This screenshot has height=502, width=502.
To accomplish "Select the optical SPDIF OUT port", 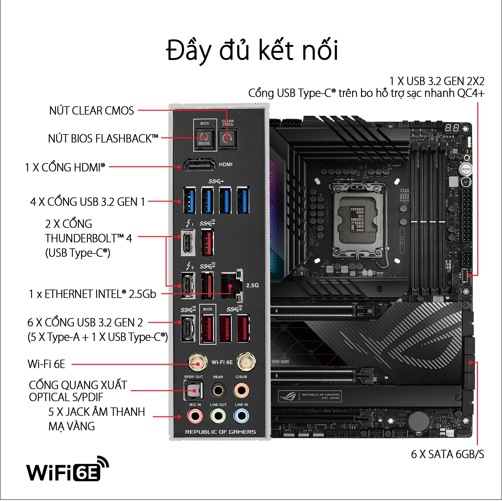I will pyautogui.click(x=194, y=390).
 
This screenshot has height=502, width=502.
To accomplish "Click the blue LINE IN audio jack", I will pyautogui.click(x=241, y=416).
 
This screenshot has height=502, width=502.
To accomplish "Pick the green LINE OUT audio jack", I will pyautogui.click(x=218, y=416).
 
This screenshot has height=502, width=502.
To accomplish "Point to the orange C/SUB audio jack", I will pyautogui.click(x=241, y=390).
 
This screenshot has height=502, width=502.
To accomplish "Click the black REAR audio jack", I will pyautogui.click(x=218, y=390).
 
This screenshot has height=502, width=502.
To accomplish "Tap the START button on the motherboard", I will pyautogui.click(x=466, y=169).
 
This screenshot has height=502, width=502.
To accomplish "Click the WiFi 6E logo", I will pyautogui.click(x=67, y=469).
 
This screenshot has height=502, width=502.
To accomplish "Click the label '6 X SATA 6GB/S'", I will pyautogui.click(x=447, y=454).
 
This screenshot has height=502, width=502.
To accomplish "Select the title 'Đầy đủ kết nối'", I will pyautogui.click(x=252, y=50).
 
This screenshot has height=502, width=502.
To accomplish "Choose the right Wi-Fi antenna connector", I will pyautogui.click(x=246, y=362).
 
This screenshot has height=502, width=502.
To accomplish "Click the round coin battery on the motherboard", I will pyautogui.click(x=419, y=421).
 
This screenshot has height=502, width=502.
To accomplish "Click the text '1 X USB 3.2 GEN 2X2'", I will pyautogui.click(x=437, y=81).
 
